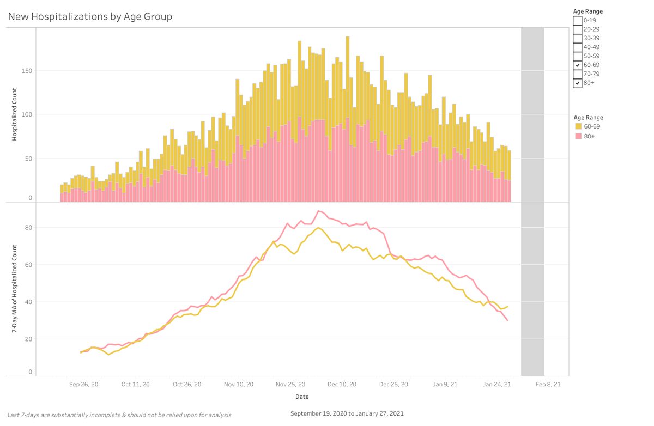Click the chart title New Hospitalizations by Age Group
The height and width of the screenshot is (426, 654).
tap(90, 17)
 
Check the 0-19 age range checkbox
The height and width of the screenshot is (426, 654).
tap(577, 21)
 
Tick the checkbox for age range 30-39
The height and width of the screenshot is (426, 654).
tap(577, 38)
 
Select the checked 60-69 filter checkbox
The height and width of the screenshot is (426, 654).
tap(577, 65)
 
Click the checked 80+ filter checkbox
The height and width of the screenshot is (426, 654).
tap(577, 83)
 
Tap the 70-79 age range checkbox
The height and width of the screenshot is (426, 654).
tap(577, 74)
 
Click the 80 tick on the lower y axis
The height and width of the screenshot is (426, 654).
tap(29, 228)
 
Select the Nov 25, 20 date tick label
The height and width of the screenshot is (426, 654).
tap(290, 384)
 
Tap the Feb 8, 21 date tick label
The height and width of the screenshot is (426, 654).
tap(548, 384)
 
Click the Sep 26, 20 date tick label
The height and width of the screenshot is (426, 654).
tap(84, 384)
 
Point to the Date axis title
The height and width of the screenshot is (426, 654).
tap(302, 397)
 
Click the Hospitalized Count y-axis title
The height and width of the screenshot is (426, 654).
tap(15, 114)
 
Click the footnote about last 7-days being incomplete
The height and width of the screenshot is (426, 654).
tap(119, 415)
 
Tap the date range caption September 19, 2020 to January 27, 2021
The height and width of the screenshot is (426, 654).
tap(347, 413)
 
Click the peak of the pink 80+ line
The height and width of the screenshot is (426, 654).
tap(319, 211)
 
